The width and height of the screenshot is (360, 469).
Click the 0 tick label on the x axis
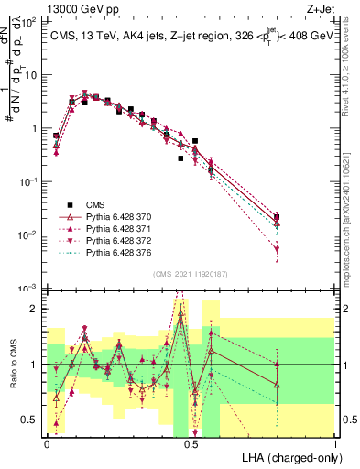click(47, 442)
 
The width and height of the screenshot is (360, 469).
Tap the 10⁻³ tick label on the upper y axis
click(29, 289)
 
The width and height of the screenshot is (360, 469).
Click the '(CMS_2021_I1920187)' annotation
click(191, 274)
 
